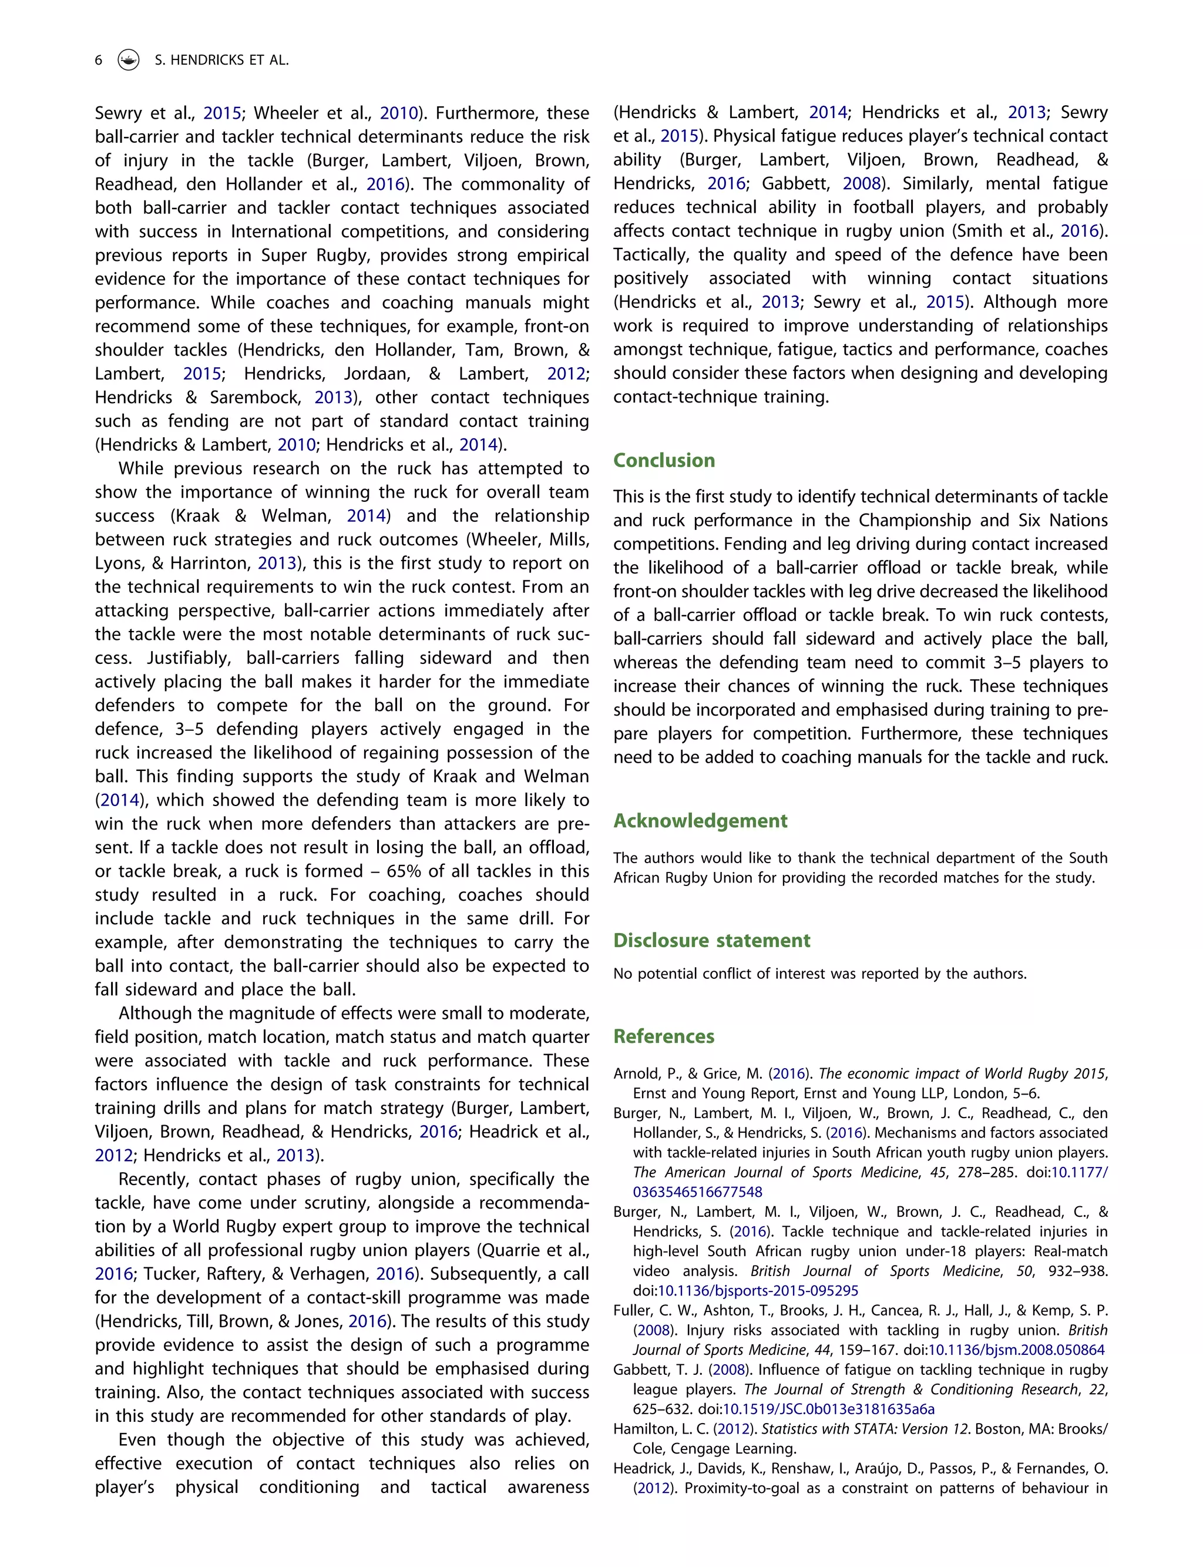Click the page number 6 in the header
coord(98,60)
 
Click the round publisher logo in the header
coord(128,60)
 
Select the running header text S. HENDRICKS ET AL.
coord(221,60)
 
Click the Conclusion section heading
coord(664,460)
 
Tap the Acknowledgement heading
coord(700,821)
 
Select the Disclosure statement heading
coord(711,940)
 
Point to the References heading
coord(664,1036)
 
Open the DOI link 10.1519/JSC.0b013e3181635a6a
coord(828,1409)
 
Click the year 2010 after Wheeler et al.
coord(398,113)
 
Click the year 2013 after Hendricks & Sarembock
coord(333,398)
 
